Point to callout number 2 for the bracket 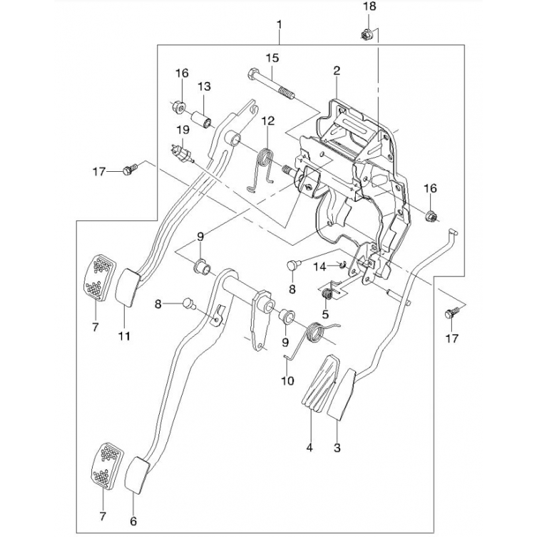pyautogui.click(x=336, y=70)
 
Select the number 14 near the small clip pyautogui.click(x=320, y=267)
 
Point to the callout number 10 pyautogui.click(x=287, y=381)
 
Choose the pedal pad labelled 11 pyautogui.click(x=126, y=287)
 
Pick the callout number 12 pyautogui.click(x=268, y=121)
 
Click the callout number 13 pyautogui.click(x=203, y=87)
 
